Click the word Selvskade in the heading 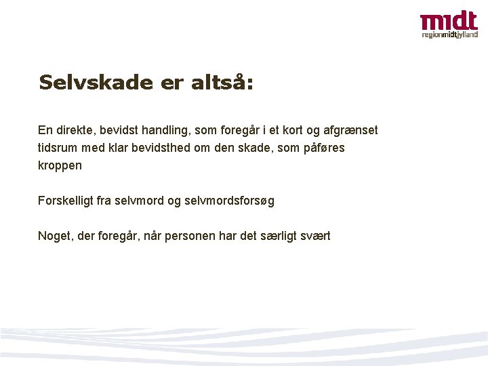point(96,83)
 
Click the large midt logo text point(449,21)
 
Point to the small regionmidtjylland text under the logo point(449,35)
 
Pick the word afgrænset point(352,129)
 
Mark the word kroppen point(60,165)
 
